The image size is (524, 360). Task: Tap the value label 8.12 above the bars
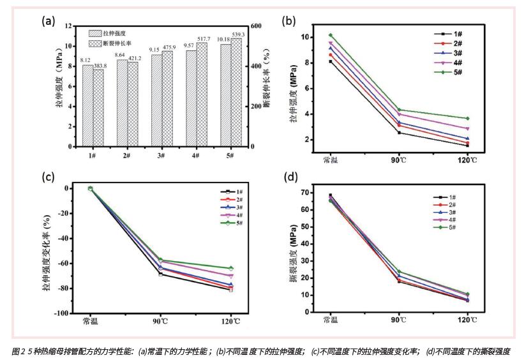tap(86, 61)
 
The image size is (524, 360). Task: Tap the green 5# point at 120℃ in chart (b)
tap(468, 119)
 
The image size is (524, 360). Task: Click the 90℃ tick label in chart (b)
tap(400, 160)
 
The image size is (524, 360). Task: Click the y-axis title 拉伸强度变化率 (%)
tap(47, 251)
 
